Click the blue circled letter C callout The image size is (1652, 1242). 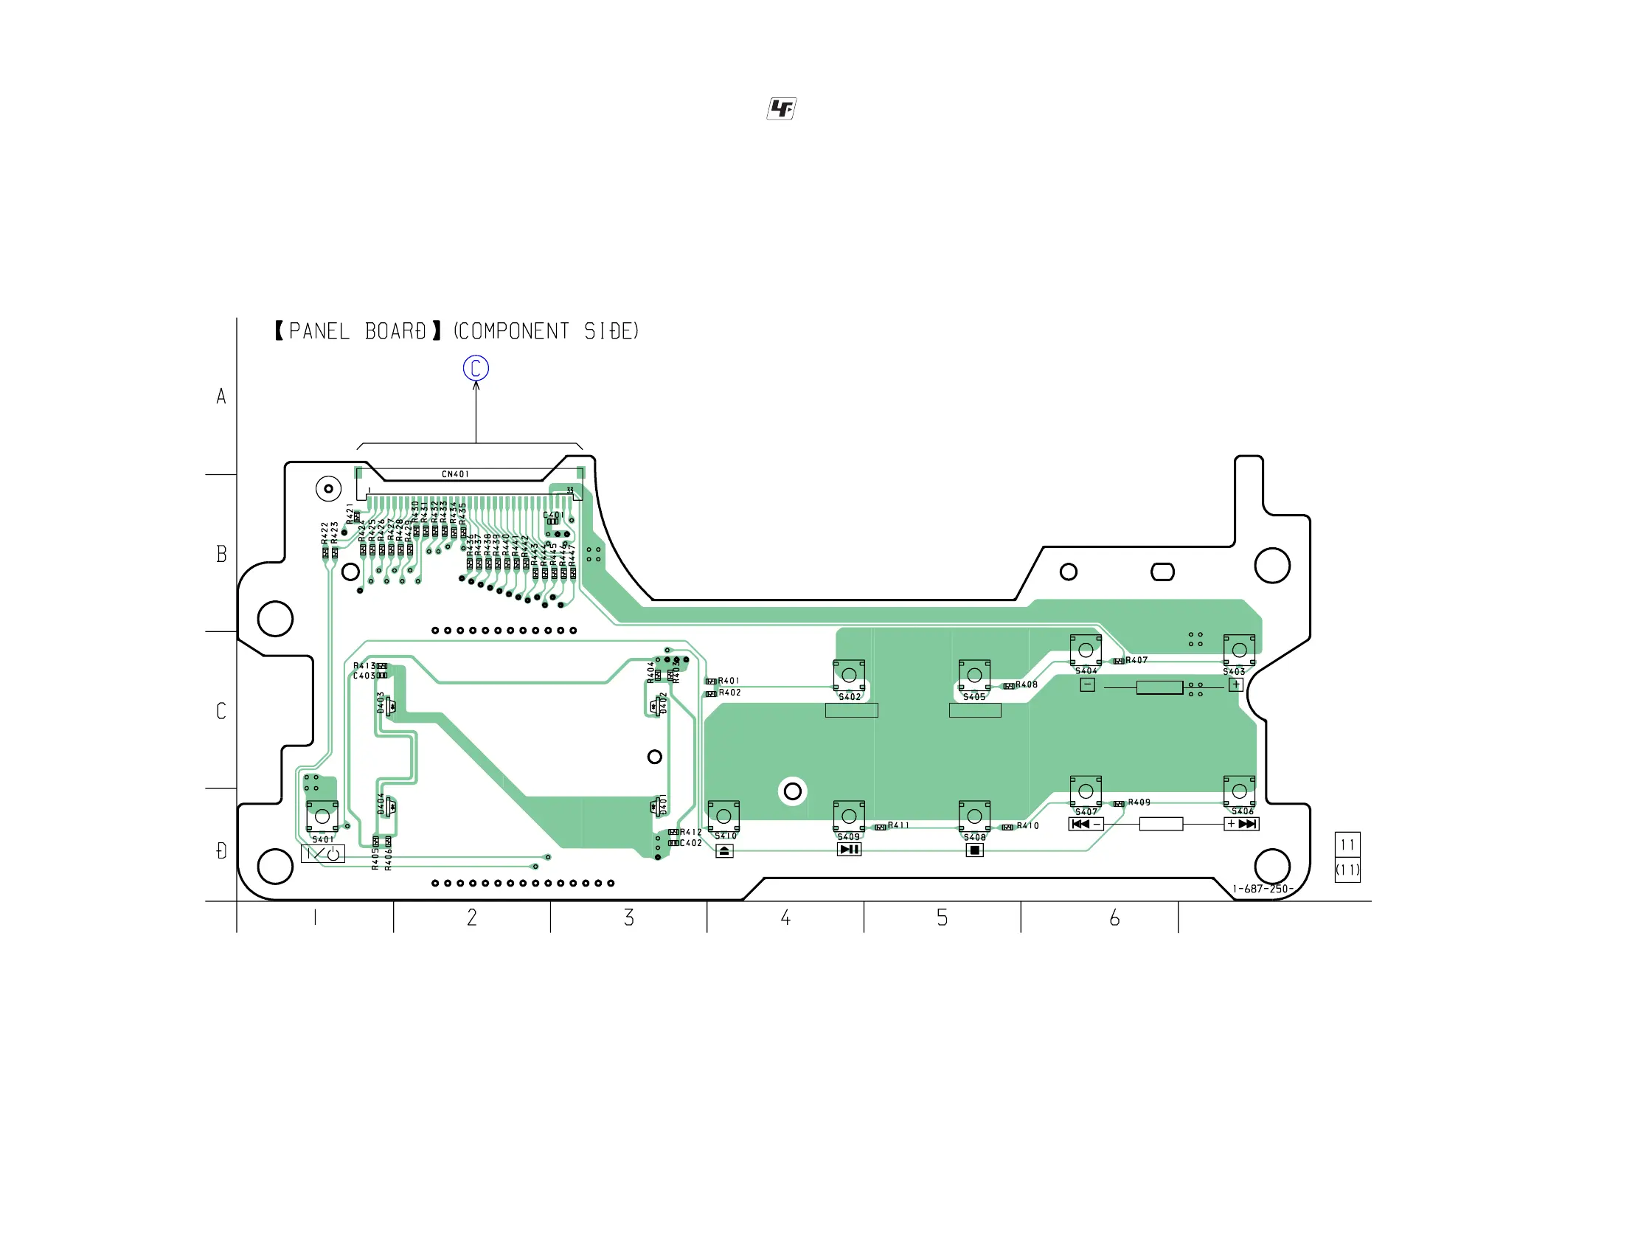coord(476,368)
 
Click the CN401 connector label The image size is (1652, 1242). coord(455,474)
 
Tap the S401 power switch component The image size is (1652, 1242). coord(322,816)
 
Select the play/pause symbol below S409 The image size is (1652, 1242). coord(849,850)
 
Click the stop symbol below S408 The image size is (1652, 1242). coord(975,850)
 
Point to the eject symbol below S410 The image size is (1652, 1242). coord(724,851)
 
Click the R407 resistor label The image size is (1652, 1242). coord(1136,660)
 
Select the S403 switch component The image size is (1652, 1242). coord(1239,650)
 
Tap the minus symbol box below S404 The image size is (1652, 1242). coord(1087,685)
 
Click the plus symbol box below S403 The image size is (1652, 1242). coord(1236,685)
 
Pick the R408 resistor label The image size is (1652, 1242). coord(1027,685)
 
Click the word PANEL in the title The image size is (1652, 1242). coord(319,332)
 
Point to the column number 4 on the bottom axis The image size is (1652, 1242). coord(785,918)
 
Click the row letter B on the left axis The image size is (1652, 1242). coord(221,554)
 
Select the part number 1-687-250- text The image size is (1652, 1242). coord(1262,889)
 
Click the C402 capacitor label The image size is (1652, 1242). coord(691,843)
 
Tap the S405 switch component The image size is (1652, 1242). coord(975,676)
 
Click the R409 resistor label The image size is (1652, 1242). coord(1139,802)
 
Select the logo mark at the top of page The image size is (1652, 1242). coord(781,109)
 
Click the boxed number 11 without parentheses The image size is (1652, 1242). coord(1347,845)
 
